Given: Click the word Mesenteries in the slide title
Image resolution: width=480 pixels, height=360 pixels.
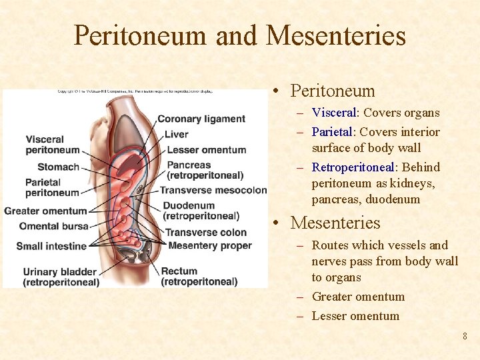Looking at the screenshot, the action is (x=335, y=35).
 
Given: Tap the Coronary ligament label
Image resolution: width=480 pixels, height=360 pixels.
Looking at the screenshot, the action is (x=201, y=119).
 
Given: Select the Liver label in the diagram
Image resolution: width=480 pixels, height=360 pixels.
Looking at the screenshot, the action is (x=176, y=134).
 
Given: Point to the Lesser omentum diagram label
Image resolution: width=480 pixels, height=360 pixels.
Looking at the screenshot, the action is (x=206, y=150).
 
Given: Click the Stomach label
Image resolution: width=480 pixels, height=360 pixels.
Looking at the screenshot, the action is (x=58, y=167).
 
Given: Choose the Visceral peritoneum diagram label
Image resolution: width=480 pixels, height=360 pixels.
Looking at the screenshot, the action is (x=52, y=145).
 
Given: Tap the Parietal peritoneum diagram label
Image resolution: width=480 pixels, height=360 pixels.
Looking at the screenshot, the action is (x=52, y=187).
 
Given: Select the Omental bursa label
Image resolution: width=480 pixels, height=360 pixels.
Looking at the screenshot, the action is (x=54, y=226).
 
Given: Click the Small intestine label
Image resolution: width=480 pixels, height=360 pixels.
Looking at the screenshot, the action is (x=51, y=246).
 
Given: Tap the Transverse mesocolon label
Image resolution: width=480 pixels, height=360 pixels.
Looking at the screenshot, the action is (x=213, y=191).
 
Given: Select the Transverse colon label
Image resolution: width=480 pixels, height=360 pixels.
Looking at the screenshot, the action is (x=206, y=232).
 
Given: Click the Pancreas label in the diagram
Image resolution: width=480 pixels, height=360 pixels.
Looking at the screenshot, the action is (x=189, y=165).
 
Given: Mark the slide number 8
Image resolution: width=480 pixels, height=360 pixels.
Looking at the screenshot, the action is (x=465, y=336).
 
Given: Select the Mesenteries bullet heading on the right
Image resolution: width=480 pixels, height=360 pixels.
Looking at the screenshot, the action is (x=335, y=223).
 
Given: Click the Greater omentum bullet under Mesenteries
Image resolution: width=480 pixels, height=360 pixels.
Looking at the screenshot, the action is (x=358, y=297).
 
